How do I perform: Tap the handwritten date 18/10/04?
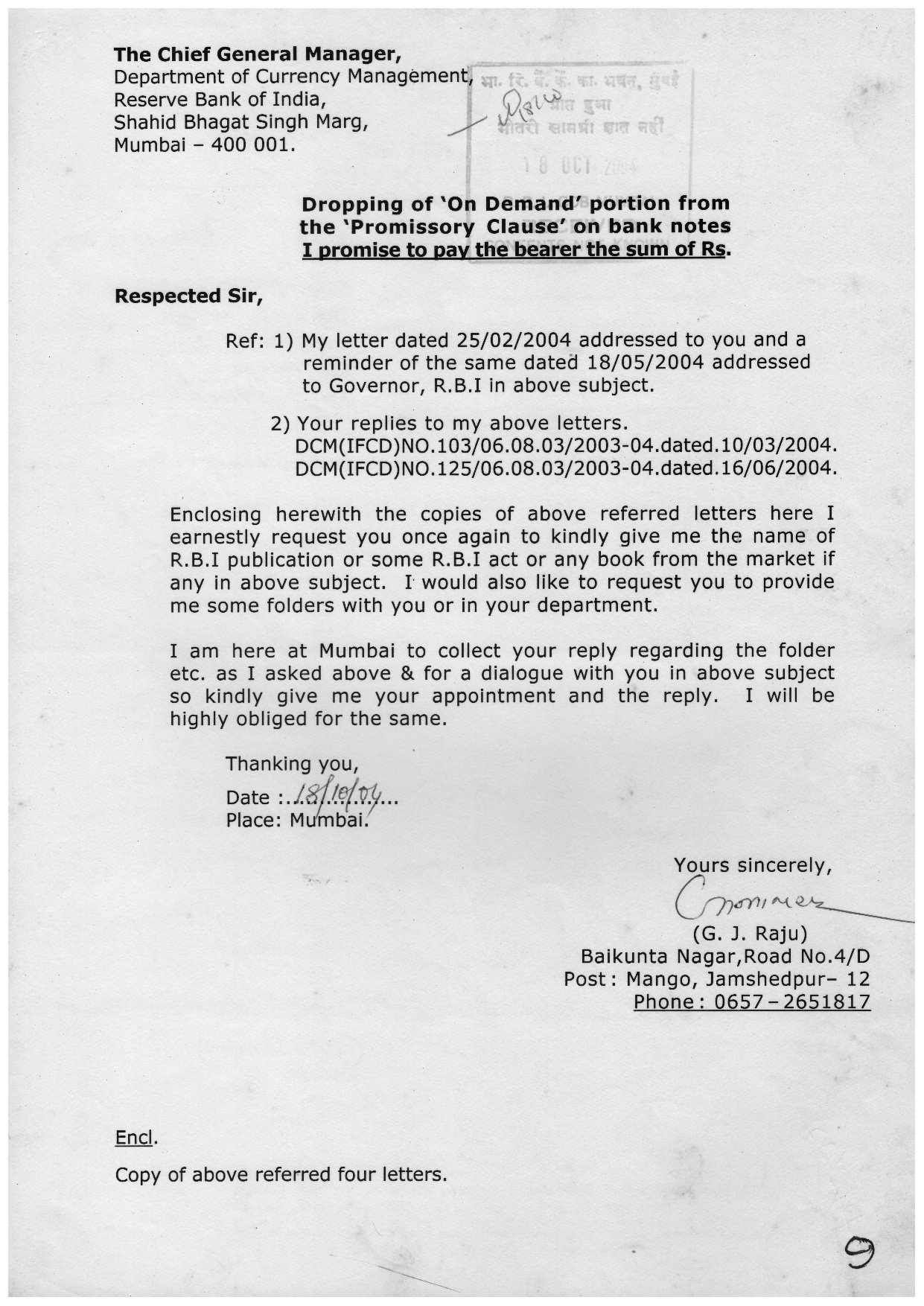[340, 797]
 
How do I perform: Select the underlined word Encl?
[136, 1138]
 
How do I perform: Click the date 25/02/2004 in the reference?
[512, 340]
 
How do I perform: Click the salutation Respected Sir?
[188, 296]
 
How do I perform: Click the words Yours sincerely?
[753, 865]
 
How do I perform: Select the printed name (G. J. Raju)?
[750, 933]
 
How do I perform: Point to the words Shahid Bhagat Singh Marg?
[239, 121]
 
